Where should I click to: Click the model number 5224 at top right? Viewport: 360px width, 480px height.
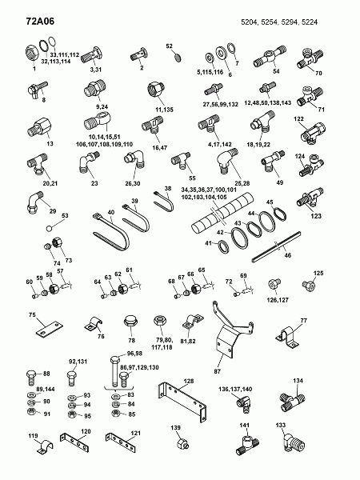click(x=310, y=22)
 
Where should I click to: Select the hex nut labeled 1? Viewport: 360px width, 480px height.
click(x=31, y=54)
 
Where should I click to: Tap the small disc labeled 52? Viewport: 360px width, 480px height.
click(x=178, y=58)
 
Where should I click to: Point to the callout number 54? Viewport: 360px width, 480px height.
click(x=276, y=71)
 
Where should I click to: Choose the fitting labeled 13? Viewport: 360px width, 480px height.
click(x=40, y=127)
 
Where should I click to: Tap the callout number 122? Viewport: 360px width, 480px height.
click(x=298, y=118)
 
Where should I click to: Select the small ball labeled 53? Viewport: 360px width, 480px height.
click(x=50, y=228)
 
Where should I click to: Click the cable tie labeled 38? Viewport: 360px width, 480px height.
click(x=163, y=202)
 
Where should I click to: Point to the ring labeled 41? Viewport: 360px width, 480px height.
click(x=223, y=246)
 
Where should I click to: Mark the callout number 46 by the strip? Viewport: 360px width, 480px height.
click(x=288, y=255)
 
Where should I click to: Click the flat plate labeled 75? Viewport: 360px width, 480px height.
click(x=49, y=329)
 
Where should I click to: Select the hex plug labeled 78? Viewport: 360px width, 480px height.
click(x=130, y=321)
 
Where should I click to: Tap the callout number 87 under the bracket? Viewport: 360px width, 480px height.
click(x=217, y=371)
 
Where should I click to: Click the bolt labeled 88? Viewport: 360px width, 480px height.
click(x=31, y=378)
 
